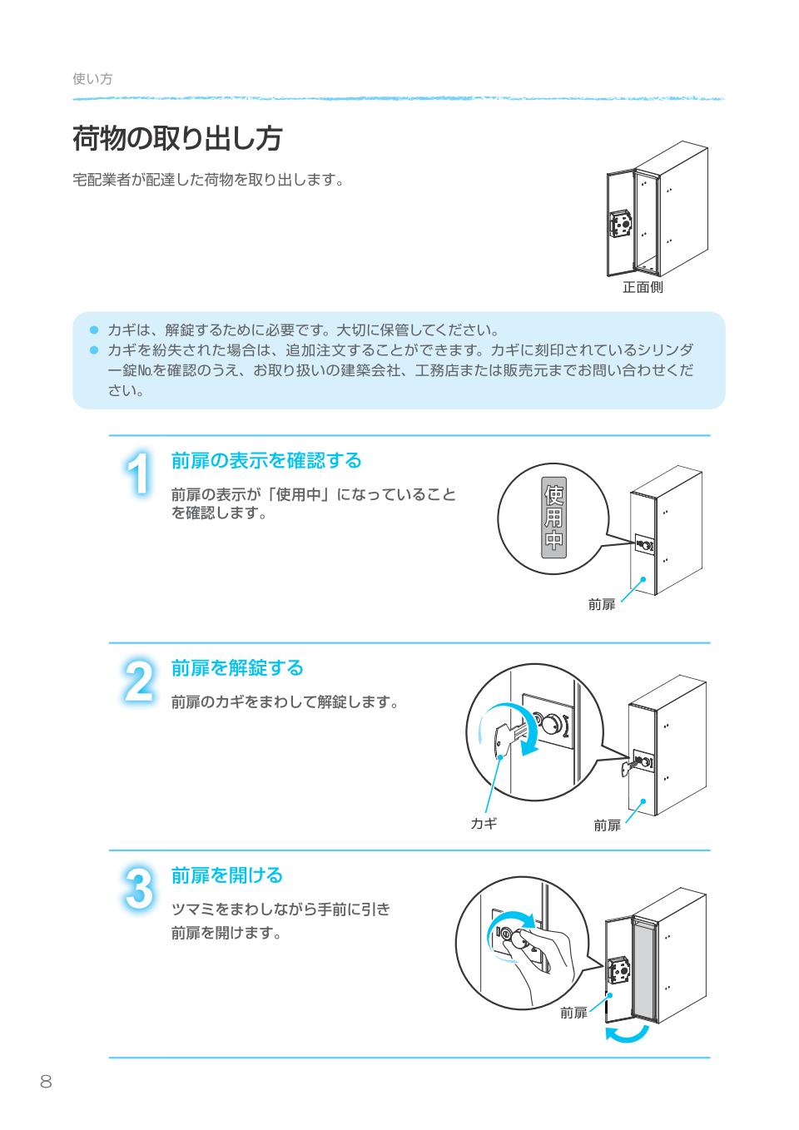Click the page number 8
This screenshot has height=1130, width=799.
click(46, 1082)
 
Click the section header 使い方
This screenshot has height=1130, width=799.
click(92, 79)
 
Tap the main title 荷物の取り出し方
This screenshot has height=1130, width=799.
click(176, 139)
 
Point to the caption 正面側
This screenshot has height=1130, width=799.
click(643, 288)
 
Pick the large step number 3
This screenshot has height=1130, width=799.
click(139, 890)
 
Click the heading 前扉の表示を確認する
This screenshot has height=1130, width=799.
click(266, 460)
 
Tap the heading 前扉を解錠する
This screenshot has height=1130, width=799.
click(237, 667)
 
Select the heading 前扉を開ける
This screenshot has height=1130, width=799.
click(227, 875)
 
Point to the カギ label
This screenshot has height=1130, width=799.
click(484, 824)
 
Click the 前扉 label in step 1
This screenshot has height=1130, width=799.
click(601, 605)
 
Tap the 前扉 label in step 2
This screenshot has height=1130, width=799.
click(607, 825)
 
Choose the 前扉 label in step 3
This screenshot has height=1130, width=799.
click(573, 1013)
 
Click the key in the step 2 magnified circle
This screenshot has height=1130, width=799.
click(510, 737)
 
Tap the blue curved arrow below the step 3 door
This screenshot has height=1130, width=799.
click(626, 1033)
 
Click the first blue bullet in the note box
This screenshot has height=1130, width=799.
click(94, 330)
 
